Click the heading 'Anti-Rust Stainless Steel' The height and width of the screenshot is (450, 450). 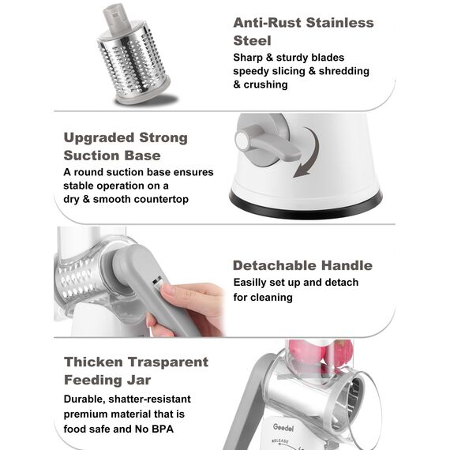pyautogui.click(x=302, y=31)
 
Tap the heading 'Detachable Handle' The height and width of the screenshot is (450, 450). pyautogui.click(x=302, y=265)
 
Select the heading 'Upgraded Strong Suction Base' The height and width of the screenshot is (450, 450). pyautogui.click(x=125, y=146)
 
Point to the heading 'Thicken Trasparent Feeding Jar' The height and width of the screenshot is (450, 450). pyautogui.click(x=135, y=370)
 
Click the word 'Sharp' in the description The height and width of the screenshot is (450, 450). pyautogui.click(x=249, y=58)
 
